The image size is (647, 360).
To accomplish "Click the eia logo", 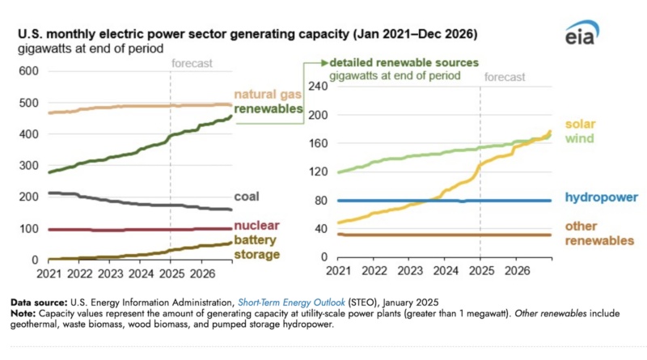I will click(583, 33).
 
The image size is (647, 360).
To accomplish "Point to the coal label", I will click(247, 197).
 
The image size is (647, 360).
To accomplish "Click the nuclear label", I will click(254, 226).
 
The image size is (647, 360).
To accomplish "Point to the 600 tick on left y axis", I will click(29, 71).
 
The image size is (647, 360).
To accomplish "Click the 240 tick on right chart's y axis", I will click(322, 87).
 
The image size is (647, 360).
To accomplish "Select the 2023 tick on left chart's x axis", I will click(110, 274).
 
